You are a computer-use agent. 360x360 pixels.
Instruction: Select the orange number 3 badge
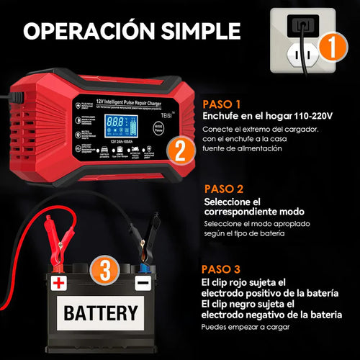(104, 272)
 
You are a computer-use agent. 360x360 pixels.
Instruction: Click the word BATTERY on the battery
(100, 312)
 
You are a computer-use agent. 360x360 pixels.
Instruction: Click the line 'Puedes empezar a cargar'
(248, 327)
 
